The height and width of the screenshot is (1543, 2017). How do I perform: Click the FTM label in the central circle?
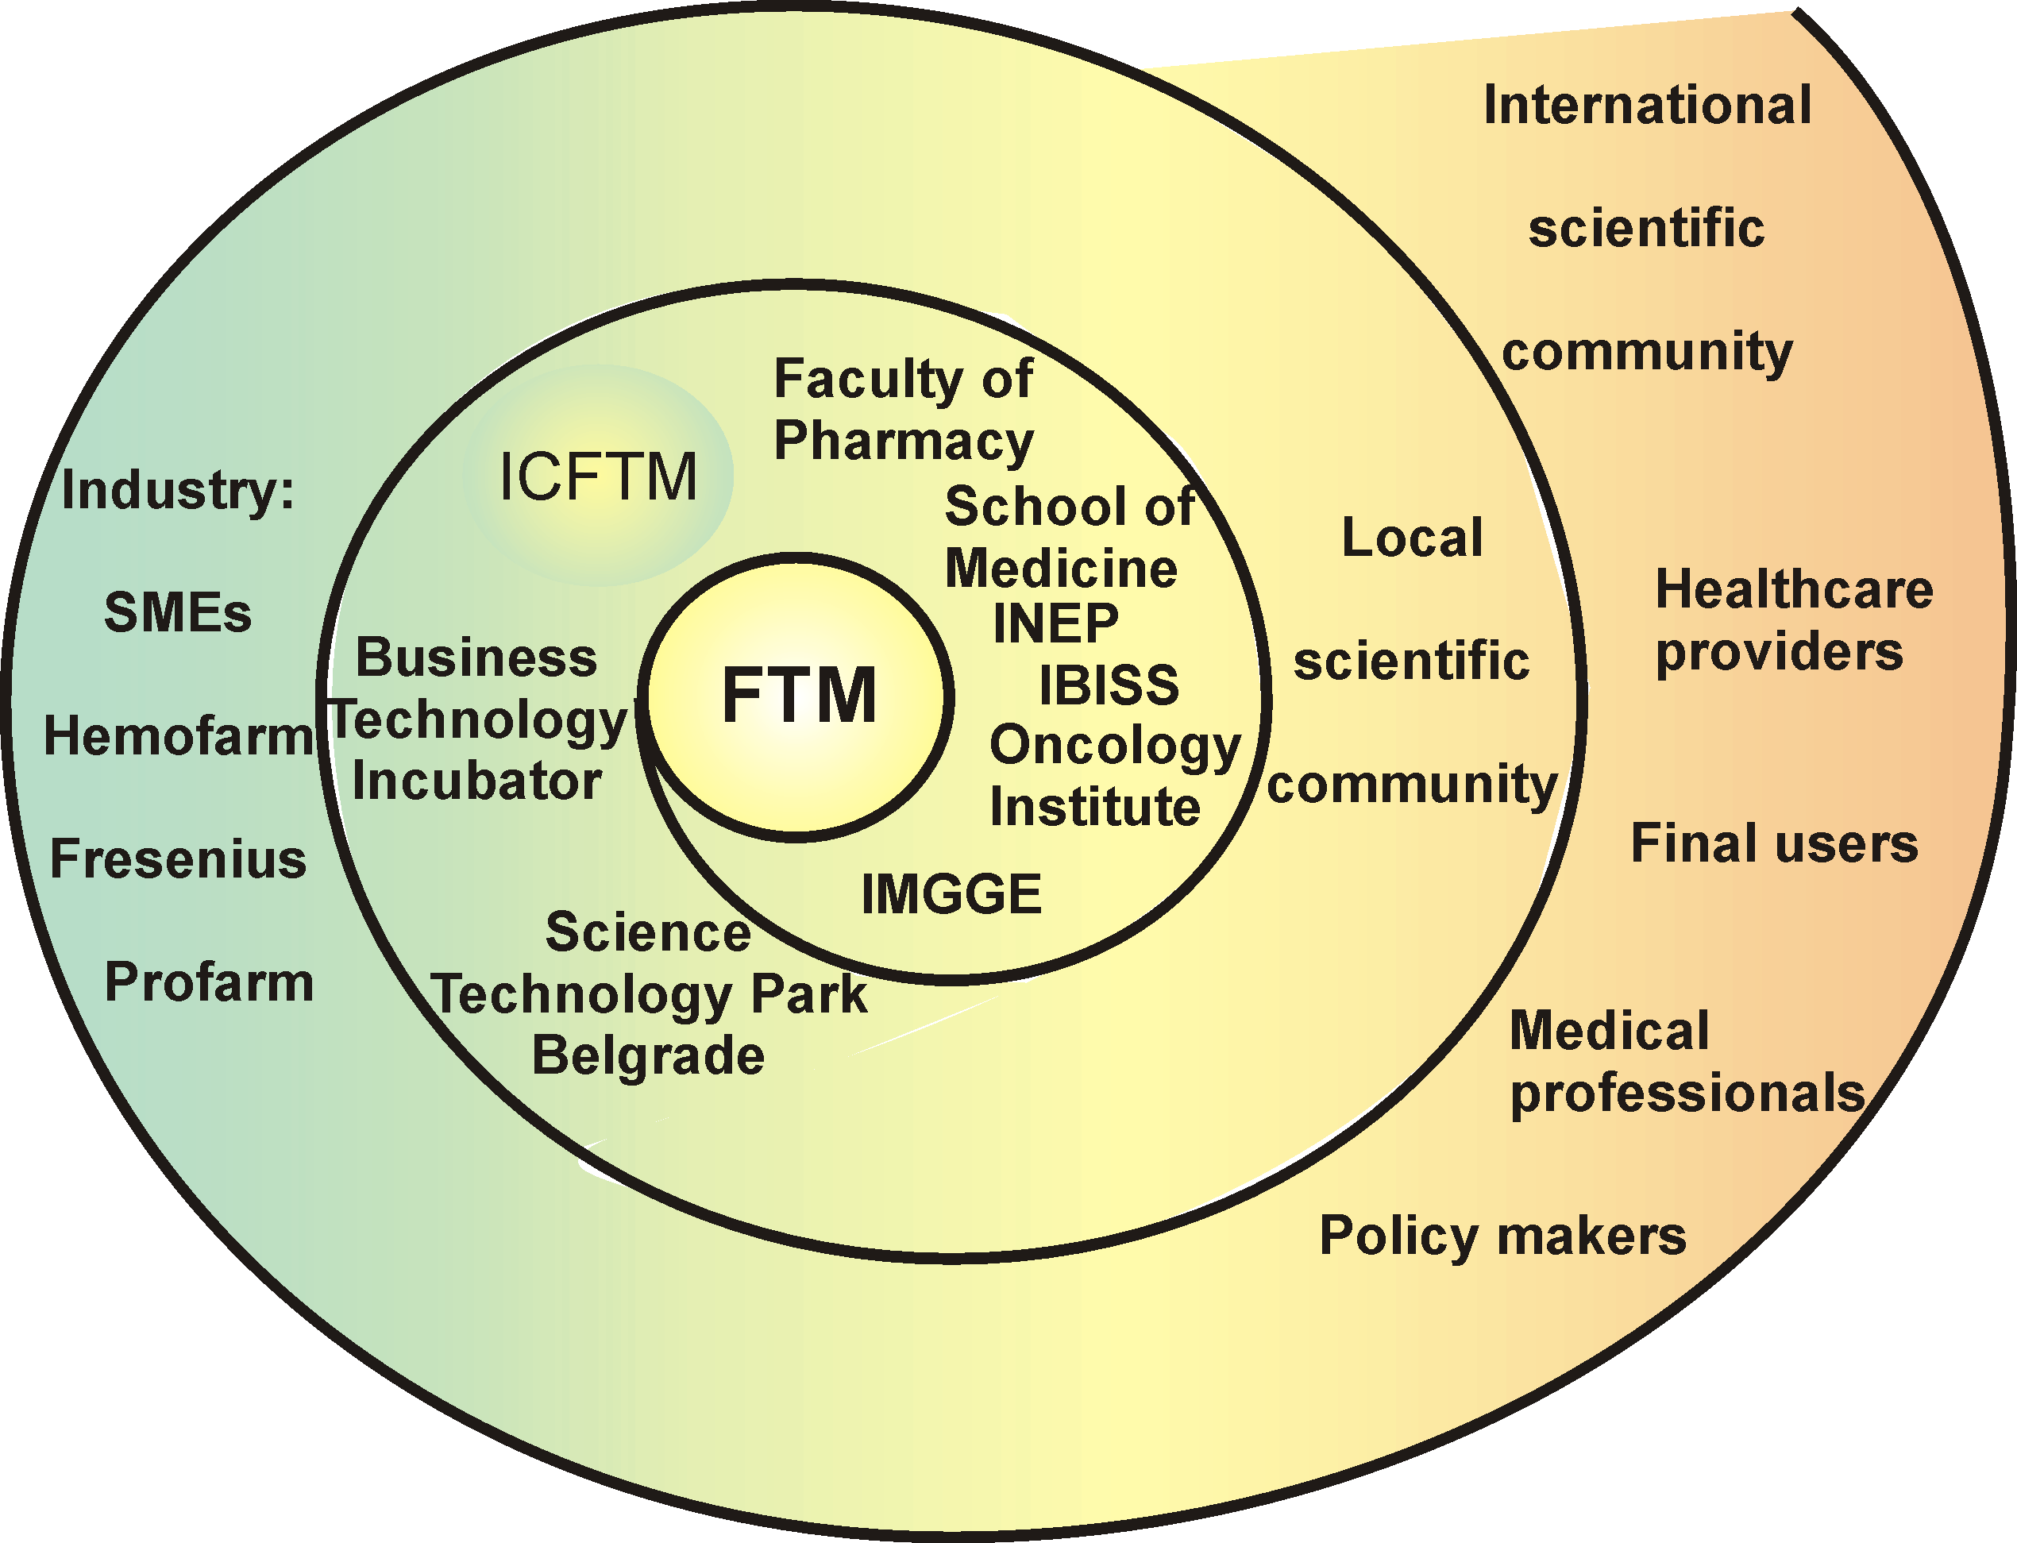click(799, 696)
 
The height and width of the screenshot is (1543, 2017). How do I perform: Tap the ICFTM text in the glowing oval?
click(598, 476)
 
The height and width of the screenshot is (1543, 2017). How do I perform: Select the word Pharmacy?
click(904, 441)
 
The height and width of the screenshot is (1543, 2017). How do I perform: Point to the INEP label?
click(1056, 623)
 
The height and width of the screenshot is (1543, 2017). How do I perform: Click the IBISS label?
click(1109, 685)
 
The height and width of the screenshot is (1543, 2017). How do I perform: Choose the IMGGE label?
click(951, 893)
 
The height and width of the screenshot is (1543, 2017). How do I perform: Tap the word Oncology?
click(1115, 746)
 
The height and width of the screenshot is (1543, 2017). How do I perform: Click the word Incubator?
click(476, 781)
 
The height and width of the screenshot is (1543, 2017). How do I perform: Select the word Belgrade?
click(649, 1055)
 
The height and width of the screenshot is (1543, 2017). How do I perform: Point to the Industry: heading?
click(178, 491)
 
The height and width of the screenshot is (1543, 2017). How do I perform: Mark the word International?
click(1648, 105)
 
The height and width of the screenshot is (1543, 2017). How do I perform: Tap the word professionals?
click(1687, 1094)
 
